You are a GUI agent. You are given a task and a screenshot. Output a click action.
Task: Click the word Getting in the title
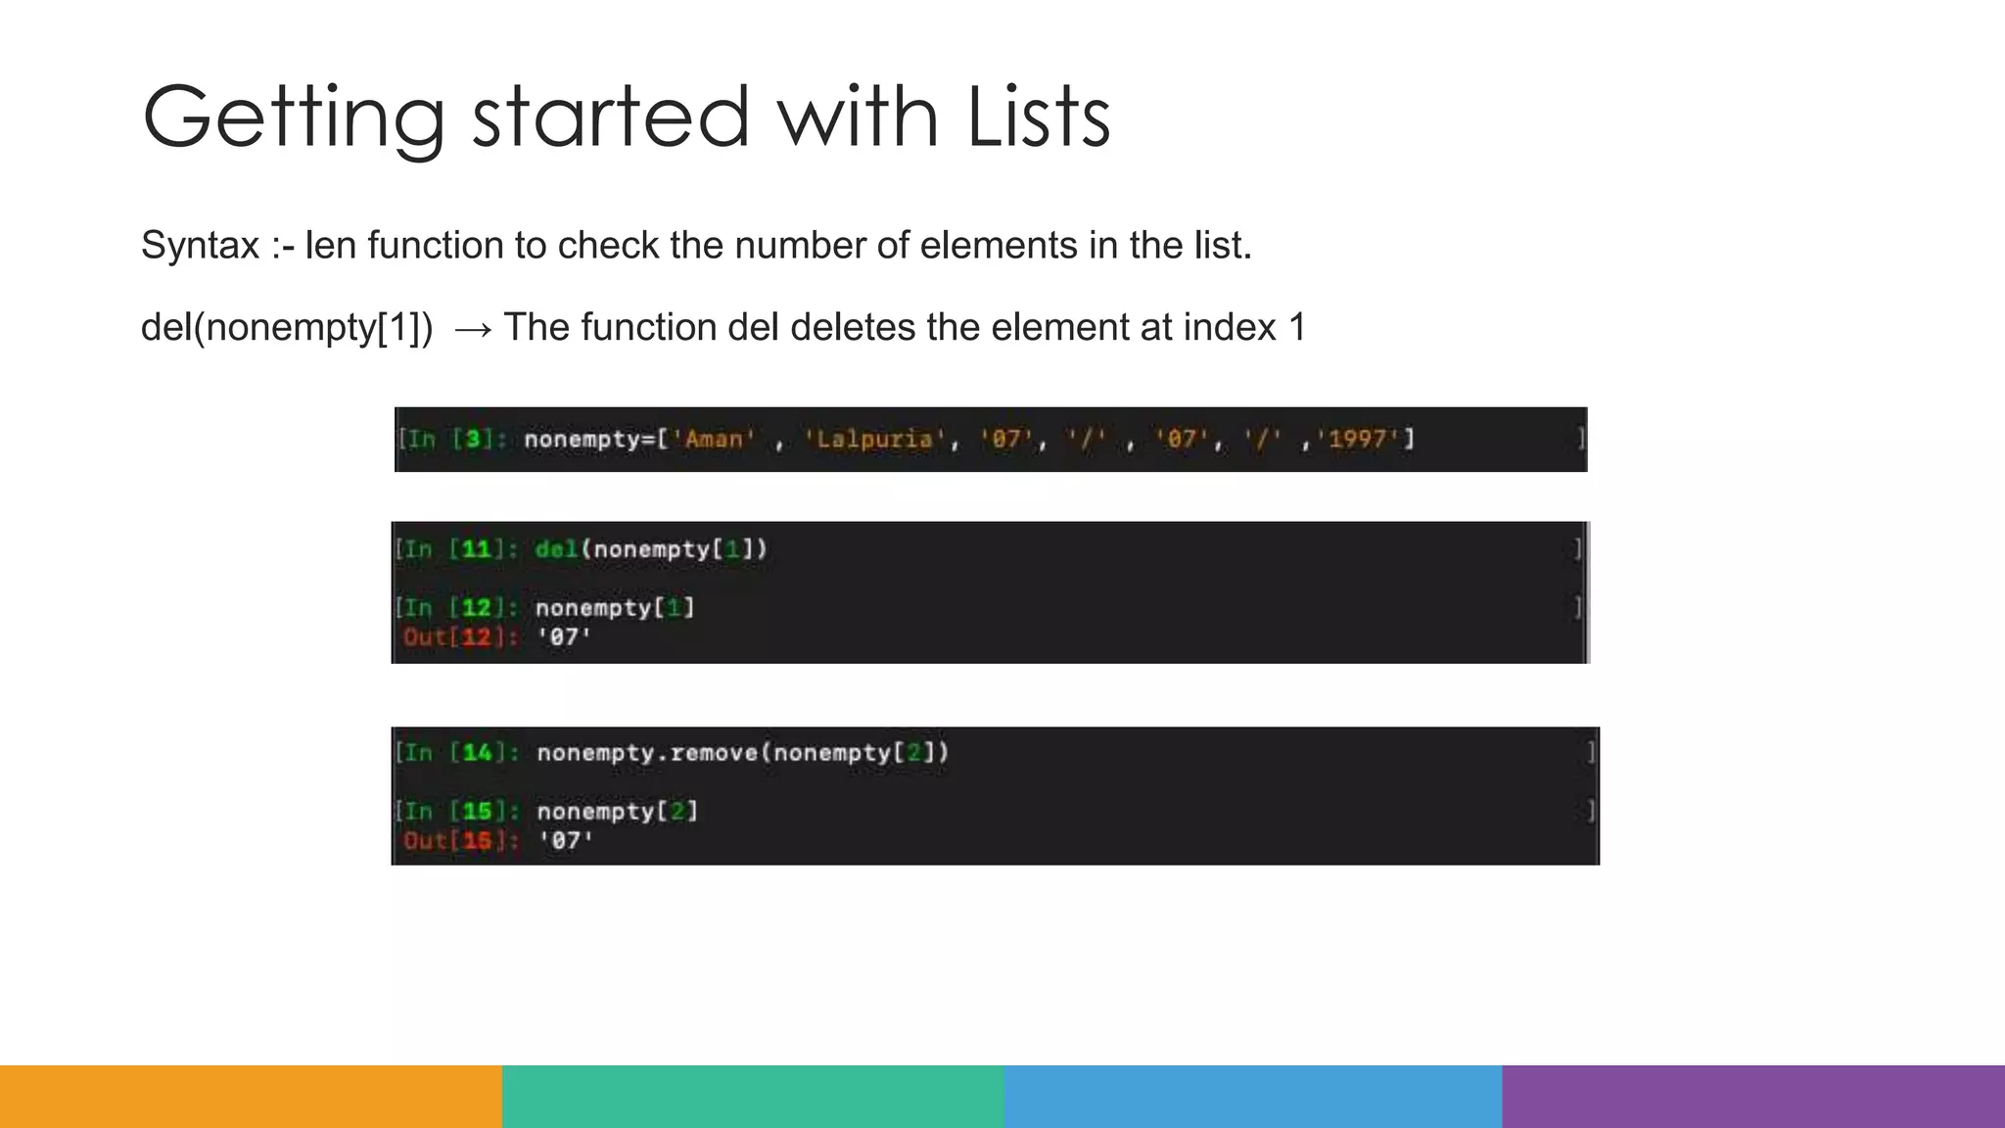[293, 119]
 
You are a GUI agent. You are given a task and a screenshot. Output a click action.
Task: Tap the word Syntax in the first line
[201, 245]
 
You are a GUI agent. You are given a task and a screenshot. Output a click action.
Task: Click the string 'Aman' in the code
[714, 440]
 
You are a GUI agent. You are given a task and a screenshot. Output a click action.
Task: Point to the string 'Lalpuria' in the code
[874, 440]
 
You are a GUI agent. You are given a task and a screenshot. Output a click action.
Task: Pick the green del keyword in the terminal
[556, 549]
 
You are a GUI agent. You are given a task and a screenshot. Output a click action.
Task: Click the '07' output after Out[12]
[564, 637]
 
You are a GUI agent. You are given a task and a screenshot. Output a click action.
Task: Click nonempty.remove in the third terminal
[648, 753]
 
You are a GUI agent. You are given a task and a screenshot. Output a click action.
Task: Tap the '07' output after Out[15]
[566, 841]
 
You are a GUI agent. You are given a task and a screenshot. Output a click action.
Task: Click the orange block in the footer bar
[251, 1097]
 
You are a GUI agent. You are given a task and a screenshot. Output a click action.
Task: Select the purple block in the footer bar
[1753, 1097]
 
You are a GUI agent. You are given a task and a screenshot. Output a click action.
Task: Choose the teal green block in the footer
[753, 1097]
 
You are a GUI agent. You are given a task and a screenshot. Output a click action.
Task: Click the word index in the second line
[1230, 328]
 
